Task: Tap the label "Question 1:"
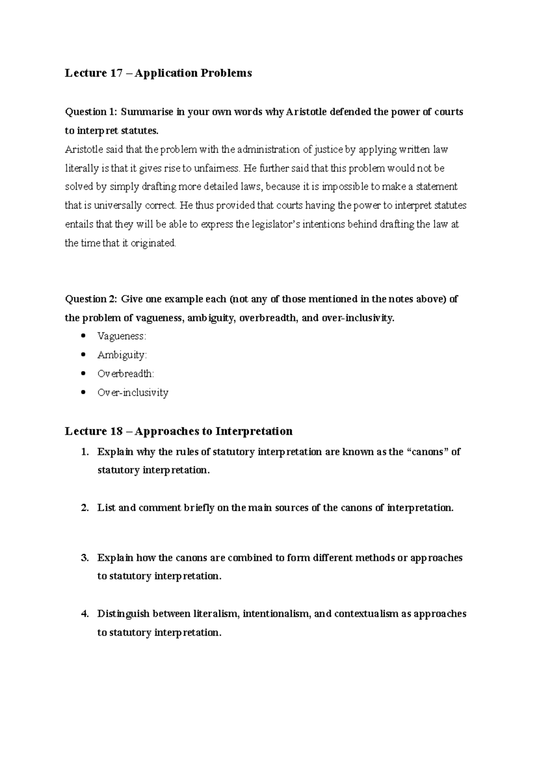(90, 112)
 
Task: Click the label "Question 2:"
(91, 299)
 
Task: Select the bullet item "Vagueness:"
(122, 336)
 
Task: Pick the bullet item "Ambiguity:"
(122, 355)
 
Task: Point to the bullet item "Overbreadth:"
(126, 374)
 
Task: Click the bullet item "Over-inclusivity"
(133, 393)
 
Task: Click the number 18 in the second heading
(115, 431)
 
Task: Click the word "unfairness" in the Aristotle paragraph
(217, 168)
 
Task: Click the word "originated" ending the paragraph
(153, 243)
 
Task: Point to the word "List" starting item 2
(107, 508)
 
